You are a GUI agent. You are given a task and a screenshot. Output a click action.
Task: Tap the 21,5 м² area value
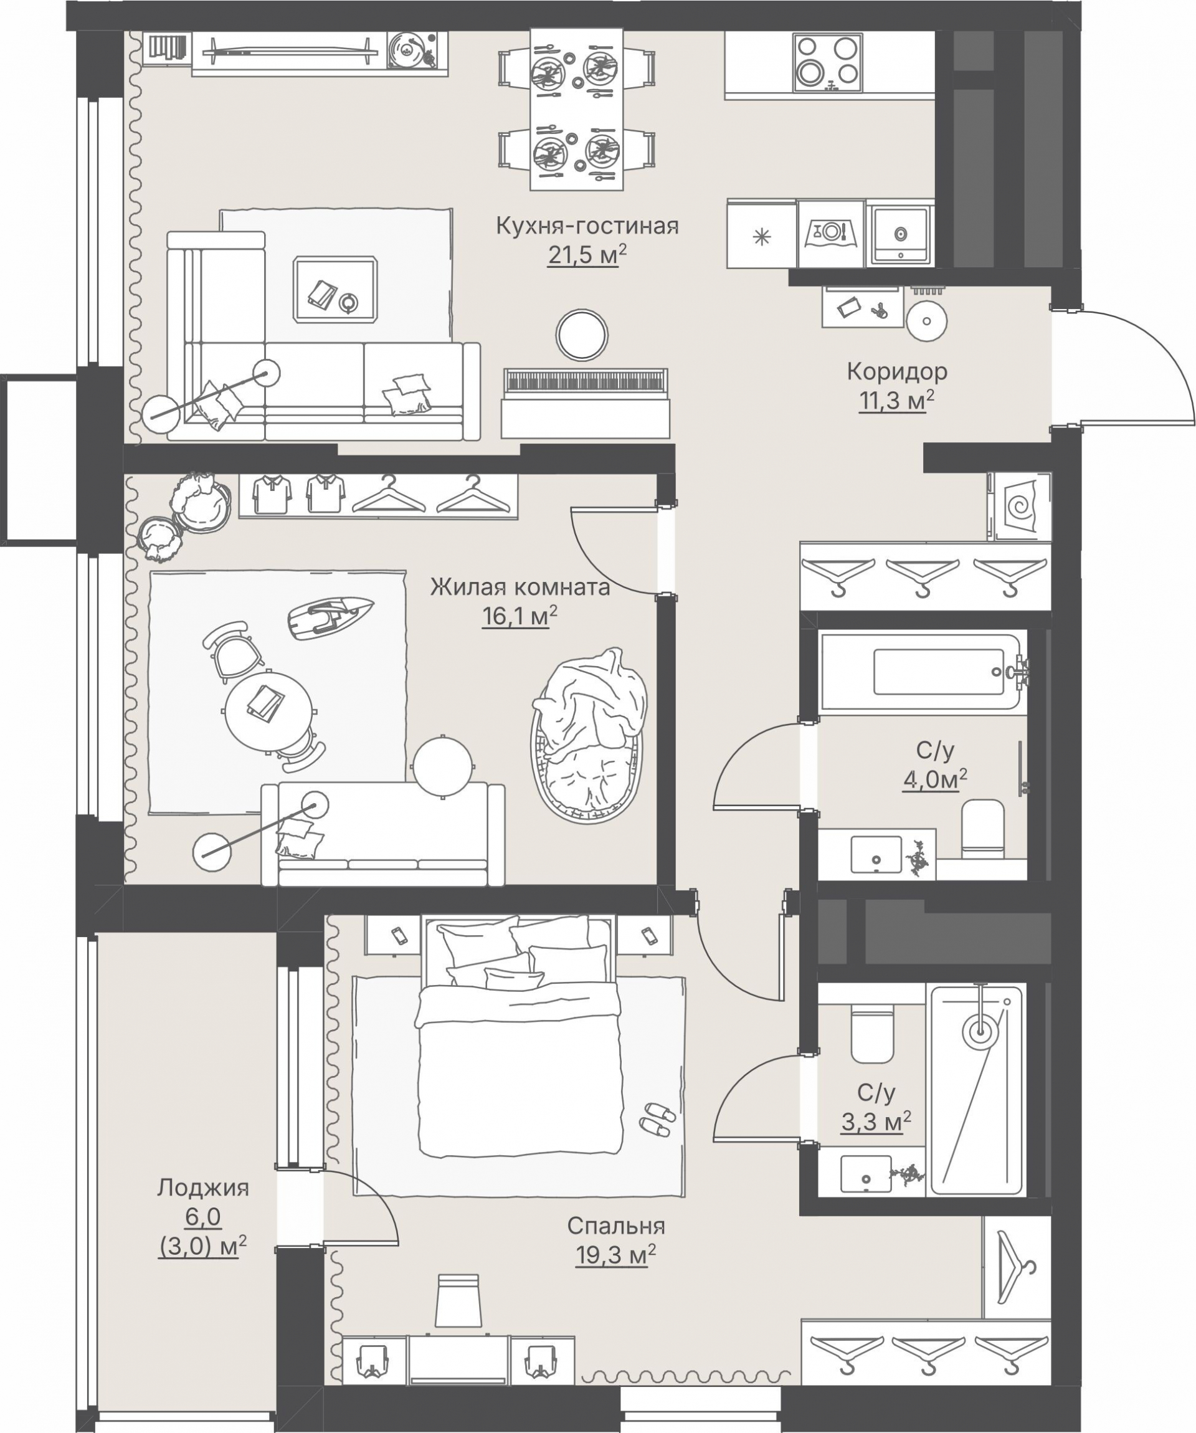pos(587,256)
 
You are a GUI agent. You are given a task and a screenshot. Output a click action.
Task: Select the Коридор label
pos(897,372)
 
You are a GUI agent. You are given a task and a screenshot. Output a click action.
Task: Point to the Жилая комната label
pos(520,587)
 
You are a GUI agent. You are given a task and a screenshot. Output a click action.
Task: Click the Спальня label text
pos(616,1226)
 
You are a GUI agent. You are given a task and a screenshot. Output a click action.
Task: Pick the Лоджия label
pos(203,1188)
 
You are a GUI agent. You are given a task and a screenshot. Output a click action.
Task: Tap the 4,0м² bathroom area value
pos(936,780)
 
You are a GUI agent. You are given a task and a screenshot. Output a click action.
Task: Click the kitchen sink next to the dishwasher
pos(900,234)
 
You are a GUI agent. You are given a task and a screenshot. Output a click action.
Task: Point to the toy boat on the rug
pos(330,617)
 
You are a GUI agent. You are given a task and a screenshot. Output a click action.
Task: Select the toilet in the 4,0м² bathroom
pos(982,829)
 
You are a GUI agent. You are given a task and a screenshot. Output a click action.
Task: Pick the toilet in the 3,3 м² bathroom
pos(873,1033)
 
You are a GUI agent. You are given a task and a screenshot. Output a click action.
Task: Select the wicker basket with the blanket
pos(589,735)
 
